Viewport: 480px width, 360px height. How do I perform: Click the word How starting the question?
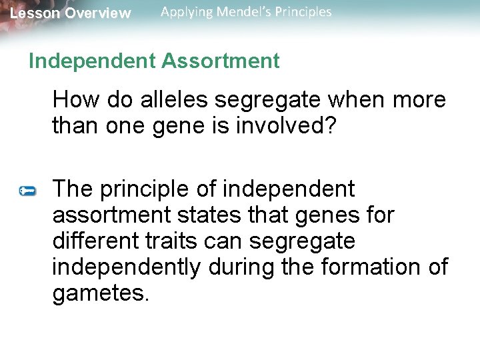(x=71, y=100)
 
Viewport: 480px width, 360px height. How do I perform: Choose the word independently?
(x=126, y=267)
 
